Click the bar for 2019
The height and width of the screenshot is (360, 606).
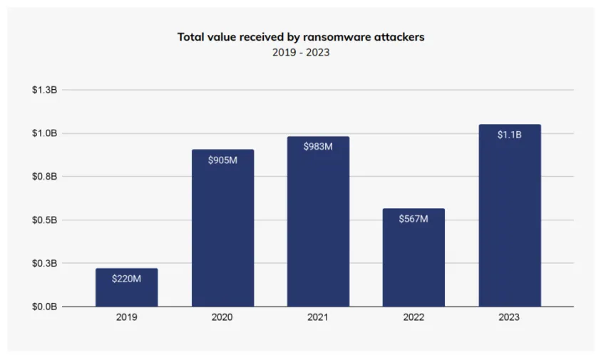pos(126,288)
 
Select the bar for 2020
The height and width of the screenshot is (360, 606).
pos(222,228)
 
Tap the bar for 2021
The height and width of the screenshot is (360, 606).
pos(318,222)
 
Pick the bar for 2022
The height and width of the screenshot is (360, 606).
pos(414,257)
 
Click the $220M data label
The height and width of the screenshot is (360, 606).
pos(126,279)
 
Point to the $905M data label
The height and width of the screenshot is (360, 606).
pos(222,160)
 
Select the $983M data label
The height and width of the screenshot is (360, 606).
pos(318,147)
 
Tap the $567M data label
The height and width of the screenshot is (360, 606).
pos(414,219)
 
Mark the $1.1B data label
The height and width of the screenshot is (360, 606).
pos(509,135)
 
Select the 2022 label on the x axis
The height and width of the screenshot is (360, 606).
pos(414,318)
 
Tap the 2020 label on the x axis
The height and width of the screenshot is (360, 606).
pos(222,318)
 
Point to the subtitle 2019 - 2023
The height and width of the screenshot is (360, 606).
pos(301,53)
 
